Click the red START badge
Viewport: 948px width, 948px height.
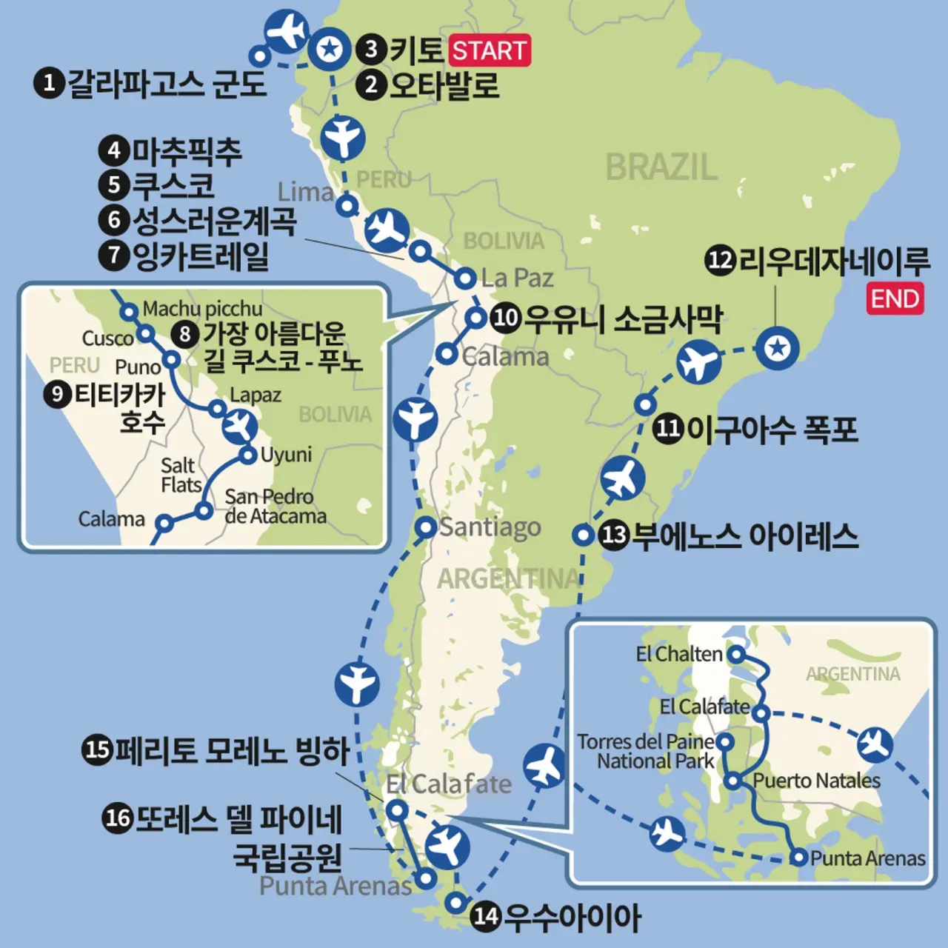(490, 50)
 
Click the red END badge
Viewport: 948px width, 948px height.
(895, 298)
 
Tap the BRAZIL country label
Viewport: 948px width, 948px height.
(661, 167)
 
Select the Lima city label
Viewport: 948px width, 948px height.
(305, 193)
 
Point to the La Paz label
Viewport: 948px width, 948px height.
(517, 278)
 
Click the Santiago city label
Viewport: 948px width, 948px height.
(490, 527)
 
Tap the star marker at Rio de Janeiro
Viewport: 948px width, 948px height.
(777, 347)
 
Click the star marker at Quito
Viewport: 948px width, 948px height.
(330, 50)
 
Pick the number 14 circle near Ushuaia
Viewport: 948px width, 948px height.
(486, 916)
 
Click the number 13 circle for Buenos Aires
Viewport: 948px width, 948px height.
(614, 535)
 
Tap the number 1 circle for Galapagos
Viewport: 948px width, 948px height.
(49, 82)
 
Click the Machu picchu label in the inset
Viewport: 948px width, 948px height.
(202, 308)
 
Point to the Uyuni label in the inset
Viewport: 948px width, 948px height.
(286, 454)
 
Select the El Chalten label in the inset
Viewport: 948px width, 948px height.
(678, 654)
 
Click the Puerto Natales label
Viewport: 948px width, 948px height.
(816, 781)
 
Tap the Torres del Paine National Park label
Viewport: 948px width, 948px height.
(646, 751)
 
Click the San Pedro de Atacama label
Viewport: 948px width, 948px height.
(275, 506)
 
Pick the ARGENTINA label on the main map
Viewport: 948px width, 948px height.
(509, 578)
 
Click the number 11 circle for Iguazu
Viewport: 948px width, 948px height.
(668, 428)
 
